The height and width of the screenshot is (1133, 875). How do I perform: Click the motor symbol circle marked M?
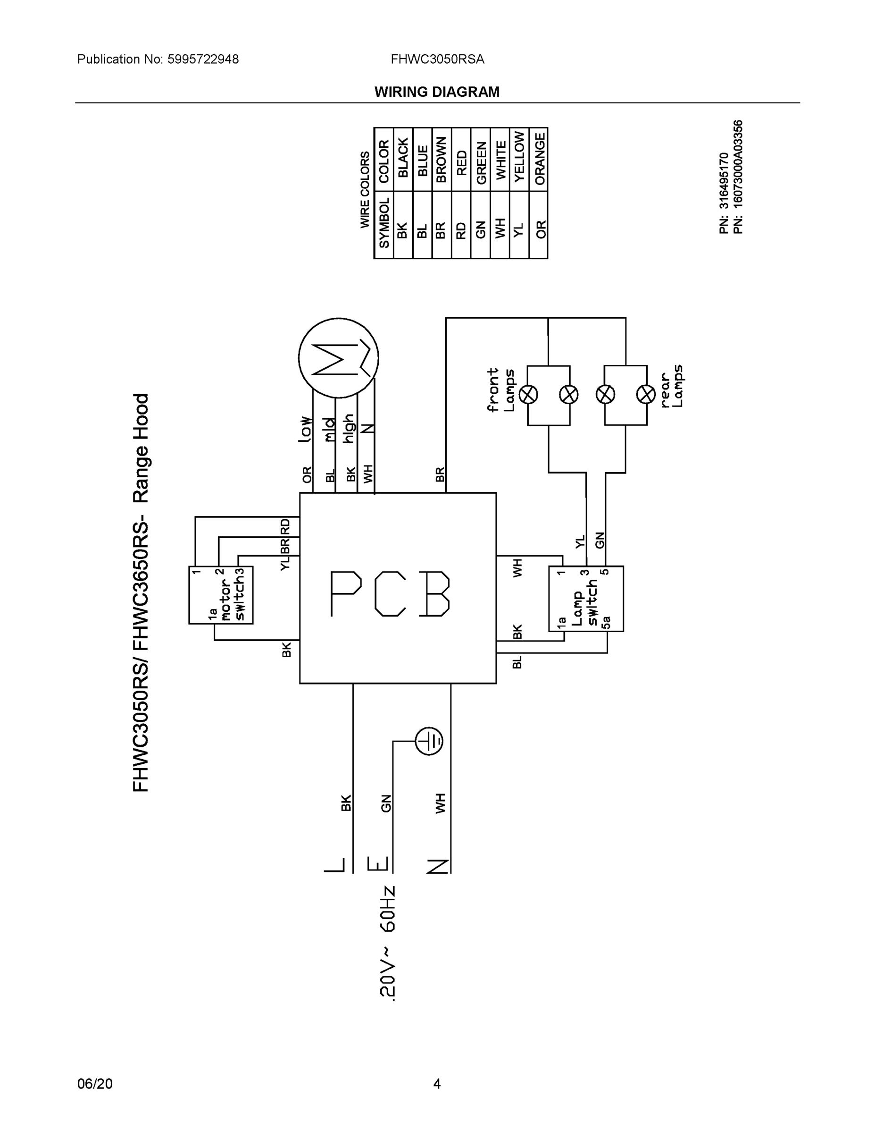click(x=339, y=357)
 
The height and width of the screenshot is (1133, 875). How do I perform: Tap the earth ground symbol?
click(x=429, y=741)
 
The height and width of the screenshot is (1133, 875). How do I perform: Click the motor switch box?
click(x=221, y=594)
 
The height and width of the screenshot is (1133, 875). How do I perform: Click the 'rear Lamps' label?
click(x=672, y=386)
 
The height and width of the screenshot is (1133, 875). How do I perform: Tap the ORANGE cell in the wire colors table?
click(x=540, y=159)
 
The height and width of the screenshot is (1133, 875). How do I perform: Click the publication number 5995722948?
click(x=203, y=59)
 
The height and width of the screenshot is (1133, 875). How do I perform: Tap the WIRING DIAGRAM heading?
click(x=437, y=92)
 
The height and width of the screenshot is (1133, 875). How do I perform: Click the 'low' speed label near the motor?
click(x=306, y=429)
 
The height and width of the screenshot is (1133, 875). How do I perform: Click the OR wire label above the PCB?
click(x=308, y=474)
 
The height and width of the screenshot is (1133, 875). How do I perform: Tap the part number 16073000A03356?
click(x=738, y=177)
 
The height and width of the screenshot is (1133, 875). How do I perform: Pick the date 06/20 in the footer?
click(x=95, y=1084)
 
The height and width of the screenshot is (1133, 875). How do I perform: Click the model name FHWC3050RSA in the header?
click(x=438, y=59)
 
